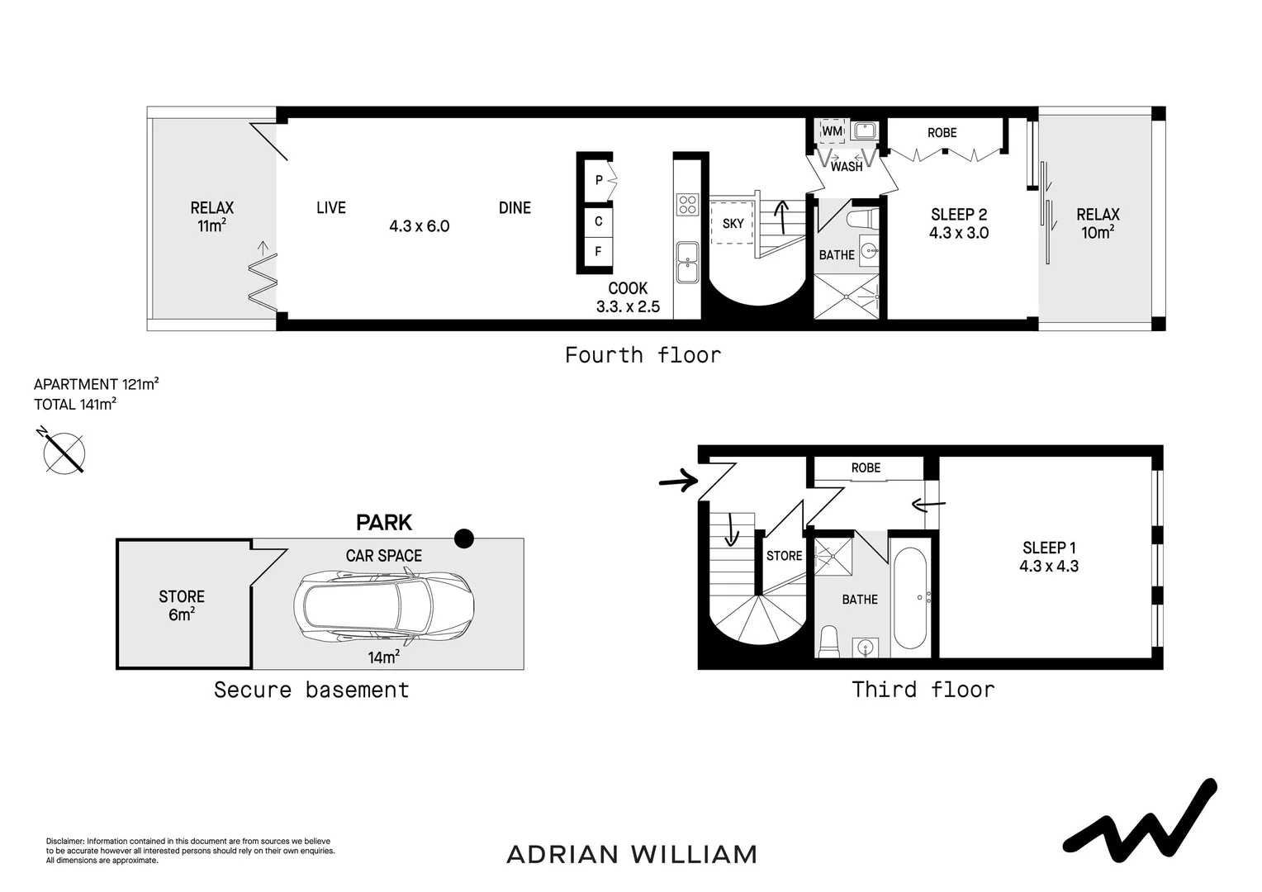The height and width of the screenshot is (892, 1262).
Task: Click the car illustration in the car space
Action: point(384,607)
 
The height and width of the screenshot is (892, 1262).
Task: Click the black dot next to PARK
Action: point(464,539)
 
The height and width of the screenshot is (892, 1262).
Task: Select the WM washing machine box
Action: point(833,131)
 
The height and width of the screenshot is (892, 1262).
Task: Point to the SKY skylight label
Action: point(733,223)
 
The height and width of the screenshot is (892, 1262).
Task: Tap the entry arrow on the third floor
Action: point(679,480)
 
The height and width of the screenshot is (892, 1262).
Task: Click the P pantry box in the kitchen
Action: point(599,180)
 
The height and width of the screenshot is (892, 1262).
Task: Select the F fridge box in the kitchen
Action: point(598,251)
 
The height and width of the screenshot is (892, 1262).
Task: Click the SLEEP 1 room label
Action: point(1049,548)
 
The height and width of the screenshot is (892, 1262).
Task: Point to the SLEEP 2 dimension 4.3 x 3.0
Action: point(958,233)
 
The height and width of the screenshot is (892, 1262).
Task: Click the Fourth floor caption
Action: point(643,355)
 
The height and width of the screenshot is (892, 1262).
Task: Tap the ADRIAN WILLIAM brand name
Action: point(632,854)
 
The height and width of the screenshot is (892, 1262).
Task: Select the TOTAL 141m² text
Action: point(75,404)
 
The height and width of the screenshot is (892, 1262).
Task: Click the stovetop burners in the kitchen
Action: point(687,204)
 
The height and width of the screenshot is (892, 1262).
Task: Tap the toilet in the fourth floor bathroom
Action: point(861,219)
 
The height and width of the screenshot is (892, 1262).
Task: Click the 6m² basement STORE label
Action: point(181,605)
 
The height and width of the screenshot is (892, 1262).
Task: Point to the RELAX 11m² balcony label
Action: point(212,216)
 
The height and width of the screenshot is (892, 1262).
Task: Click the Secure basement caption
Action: point(311,690)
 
